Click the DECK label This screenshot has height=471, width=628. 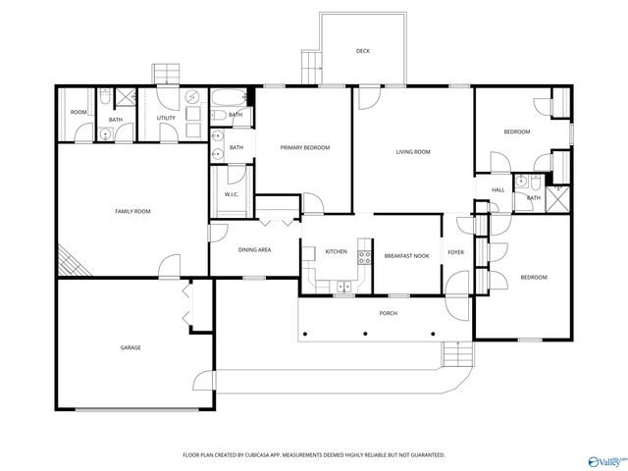363,51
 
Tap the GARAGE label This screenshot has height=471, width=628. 131,347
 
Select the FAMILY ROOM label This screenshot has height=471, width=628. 132,211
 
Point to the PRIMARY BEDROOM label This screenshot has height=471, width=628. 304,148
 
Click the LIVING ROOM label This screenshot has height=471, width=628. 413,152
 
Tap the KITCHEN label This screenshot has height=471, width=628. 337,252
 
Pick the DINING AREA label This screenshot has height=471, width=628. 255,250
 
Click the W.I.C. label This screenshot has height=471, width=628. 232,194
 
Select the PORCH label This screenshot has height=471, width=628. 389,313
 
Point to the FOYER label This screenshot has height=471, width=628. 456,252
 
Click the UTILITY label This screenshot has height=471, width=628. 166,119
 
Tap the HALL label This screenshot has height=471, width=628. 497,189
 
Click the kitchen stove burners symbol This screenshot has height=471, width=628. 364,259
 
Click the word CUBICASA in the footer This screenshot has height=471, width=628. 259,455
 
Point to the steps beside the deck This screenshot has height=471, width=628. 312,65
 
